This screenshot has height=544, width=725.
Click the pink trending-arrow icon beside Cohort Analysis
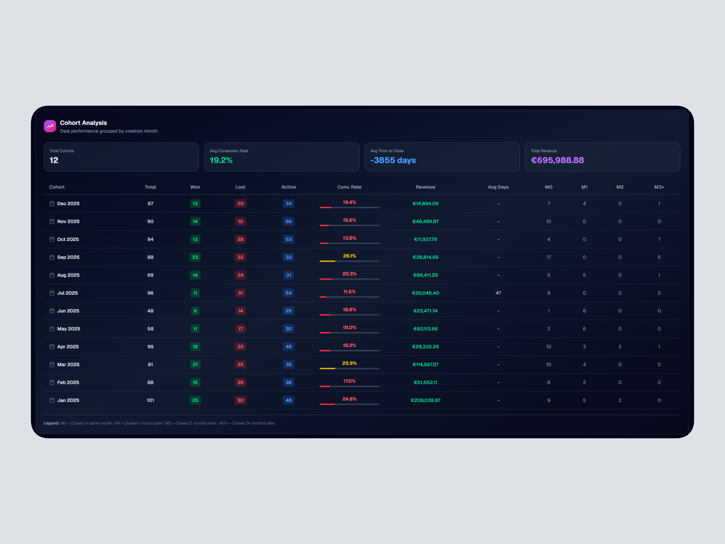(50, 126)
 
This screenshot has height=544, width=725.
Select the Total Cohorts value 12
(54, 160)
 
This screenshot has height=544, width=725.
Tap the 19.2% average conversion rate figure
(221, 160)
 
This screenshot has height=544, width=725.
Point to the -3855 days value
(393, 160)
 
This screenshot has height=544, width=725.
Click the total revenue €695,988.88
(557, 160)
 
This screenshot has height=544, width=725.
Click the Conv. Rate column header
(349, 187)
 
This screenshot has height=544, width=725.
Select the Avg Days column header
(498, 187)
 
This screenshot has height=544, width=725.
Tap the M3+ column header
(659, 187)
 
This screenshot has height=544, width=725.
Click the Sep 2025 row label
(68, 257)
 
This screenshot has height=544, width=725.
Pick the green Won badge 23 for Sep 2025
(195, 257)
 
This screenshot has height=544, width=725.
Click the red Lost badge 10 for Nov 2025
(240, 221)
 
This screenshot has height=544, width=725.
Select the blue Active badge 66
(288, 221)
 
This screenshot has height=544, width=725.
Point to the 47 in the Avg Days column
(498, 293)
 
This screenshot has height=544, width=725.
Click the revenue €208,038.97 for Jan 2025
(426, 400)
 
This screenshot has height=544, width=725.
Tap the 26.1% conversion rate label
(349, 256)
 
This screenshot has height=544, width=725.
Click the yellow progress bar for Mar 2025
(327, 368)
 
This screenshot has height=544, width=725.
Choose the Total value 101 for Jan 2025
(150, 400)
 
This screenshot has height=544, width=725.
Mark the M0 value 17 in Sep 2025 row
(548, 257)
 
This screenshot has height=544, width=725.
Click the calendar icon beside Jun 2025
(52, 311)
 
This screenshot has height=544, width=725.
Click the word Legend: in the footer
(51, 423)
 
